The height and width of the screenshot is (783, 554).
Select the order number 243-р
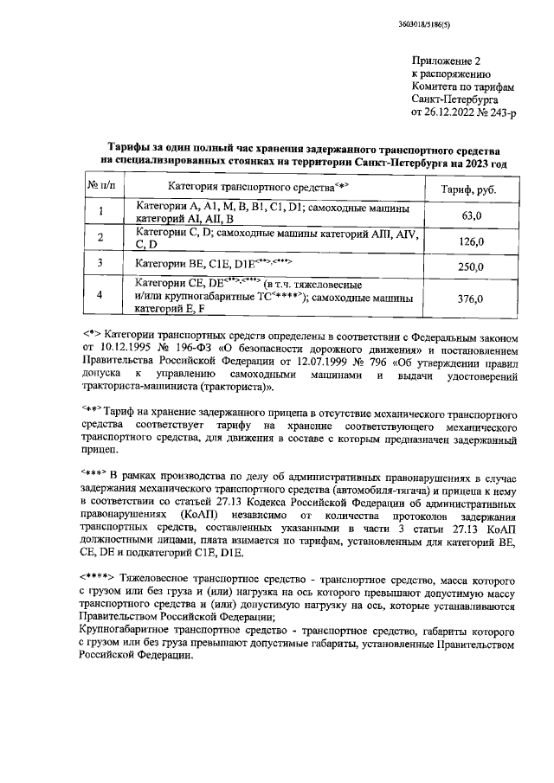point(504,112)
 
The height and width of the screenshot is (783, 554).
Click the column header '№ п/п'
point(100,186)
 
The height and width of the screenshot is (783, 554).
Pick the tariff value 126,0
point(470,241)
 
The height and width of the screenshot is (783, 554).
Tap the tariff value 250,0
point(470,267)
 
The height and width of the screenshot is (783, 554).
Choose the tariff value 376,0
point(470,298)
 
